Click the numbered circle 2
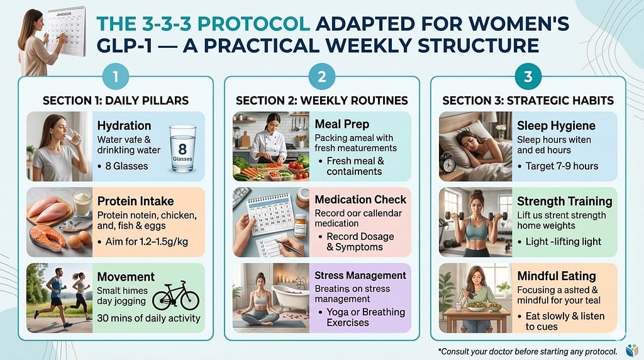pos(321,76)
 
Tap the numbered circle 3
pos(528,76)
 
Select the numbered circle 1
pos(116,76)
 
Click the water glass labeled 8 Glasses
pos(182,148)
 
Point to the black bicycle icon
pos(176,296)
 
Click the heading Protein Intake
pos(136,201)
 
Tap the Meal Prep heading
pos(342,124)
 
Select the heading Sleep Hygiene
pos(556,125)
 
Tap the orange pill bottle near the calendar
pos(300,226)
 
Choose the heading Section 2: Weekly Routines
pos(322,101)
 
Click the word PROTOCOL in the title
pos(253,24)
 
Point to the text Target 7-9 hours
pos(562,166)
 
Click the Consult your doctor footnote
pos(528,351)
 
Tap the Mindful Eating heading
pos(557,276)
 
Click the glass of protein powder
pos(82,204)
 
